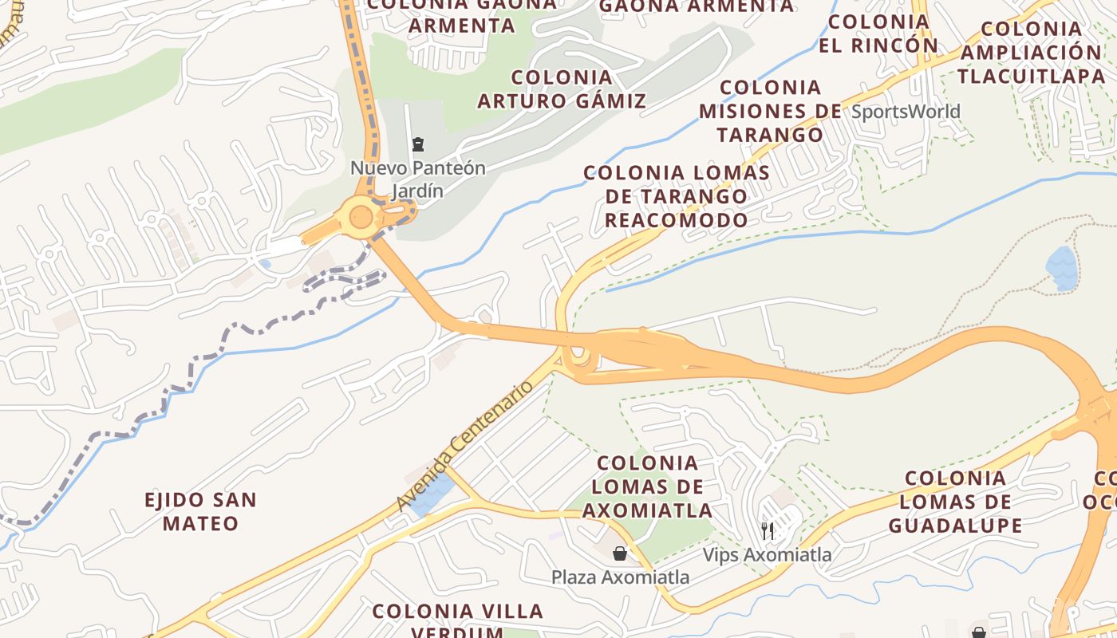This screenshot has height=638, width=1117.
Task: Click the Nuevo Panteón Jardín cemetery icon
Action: click(417, 144)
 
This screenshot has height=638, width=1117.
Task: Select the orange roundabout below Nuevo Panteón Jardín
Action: click(361, 216)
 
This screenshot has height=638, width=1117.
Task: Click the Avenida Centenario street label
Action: click(464, 446)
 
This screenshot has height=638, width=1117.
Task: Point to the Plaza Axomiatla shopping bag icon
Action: click(620, 553)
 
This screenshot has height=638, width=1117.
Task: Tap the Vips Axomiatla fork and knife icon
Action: click(768, 531)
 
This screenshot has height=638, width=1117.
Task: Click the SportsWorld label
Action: click(906, 111)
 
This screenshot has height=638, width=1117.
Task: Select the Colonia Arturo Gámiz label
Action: click(562, 89)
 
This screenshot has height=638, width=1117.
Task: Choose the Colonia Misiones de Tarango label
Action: click(770, 111)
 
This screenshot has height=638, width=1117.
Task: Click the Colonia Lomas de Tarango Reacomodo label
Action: click(677, 196)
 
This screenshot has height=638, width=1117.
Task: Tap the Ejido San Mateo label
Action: click(201, 512)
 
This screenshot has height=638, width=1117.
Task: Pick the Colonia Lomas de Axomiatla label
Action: click(647, 486)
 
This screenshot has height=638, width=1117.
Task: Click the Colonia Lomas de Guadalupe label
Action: click(955, 502)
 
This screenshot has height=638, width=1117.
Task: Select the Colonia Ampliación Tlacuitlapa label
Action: click(1029, 53)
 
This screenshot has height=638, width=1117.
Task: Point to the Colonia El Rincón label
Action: click(878, 33)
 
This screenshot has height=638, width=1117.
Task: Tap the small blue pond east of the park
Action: click(1062, 268)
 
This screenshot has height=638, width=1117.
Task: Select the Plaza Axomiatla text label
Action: click(620, 577)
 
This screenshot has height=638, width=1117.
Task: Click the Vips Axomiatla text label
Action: click(767, 554)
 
